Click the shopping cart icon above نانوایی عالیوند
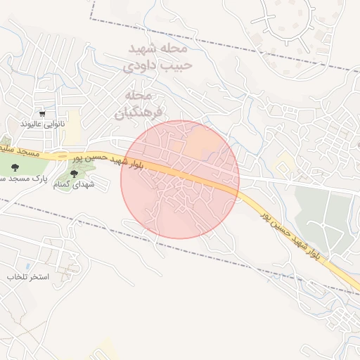(43, 113)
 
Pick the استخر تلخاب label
(27, 276)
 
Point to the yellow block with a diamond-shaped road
(285, 166)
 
